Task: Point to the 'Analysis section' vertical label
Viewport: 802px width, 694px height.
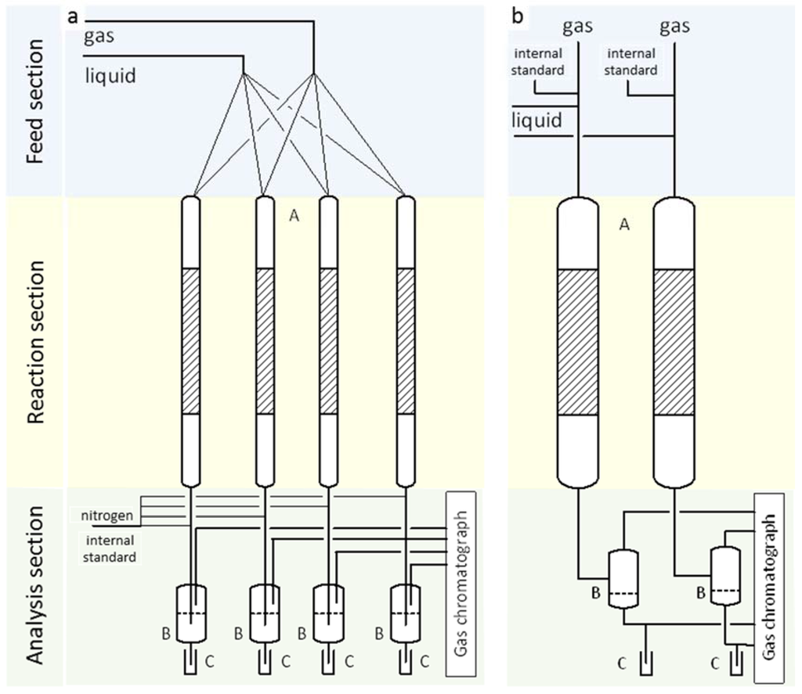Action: click(x=34, y=588)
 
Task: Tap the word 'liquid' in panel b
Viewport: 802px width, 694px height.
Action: click(x=536, y=120)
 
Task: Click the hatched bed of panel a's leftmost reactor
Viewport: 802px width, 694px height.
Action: click(x=190, y=340)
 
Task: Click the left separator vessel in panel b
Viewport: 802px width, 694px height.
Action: click(x=623, y=579)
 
